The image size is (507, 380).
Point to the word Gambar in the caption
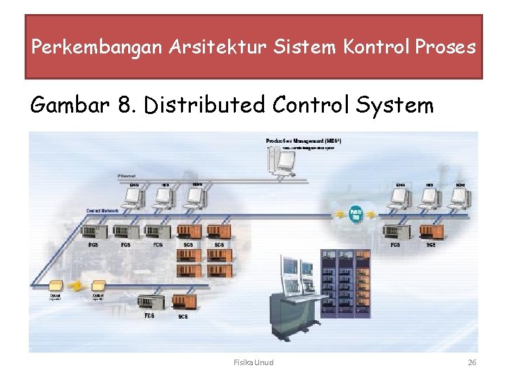pyautogui.click(x=68, y=106)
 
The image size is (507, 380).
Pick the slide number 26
pyautogui.click(x=472, y=362)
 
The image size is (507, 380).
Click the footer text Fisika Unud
pyautogui.click(x=254, y=362)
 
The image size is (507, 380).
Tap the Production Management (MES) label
pyautogui.click(x=303, y=141)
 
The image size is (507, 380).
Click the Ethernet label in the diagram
pyautogui.click(x=127, y=175)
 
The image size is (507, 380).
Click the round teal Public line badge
pyautogui.click(x=356, y=213)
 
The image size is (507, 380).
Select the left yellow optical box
pyautogui.click(x=54, y=286)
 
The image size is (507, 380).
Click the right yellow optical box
pyautogui.click(x=99, y=286)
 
